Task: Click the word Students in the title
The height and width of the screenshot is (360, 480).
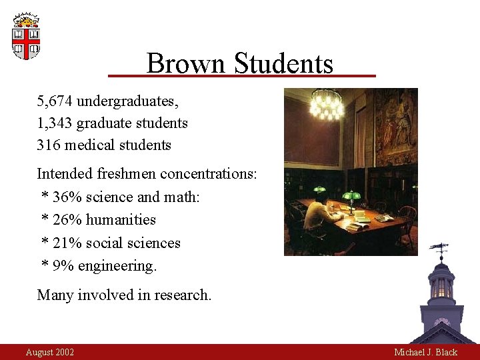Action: (x=283, y=64)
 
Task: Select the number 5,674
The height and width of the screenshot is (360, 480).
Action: (x=55, y=101)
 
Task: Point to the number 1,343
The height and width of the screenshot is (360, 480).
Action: (x=55, y=123)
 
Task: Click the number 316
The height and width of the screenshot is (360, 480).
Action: (x=49, y=145)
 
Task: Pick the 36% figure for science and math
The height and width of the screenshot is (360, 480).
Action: (x=65, y=197)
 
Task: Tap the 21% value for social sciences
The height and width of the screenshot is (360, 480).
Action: (x=65, y=243)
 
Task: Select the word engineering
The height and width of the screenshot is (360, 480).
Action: (x=117, y=266)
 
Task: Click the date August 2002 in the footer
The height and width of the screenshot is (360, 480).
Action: (x=50, y=352)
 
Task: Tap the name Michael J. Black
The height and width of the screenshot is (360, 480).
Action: (x=425, y=352)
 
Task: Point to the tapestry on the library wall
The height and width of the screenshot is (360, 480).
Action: (x=396, y=127)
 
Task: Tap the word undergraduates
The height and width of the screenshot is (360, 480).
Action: (x=127, y=101)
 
